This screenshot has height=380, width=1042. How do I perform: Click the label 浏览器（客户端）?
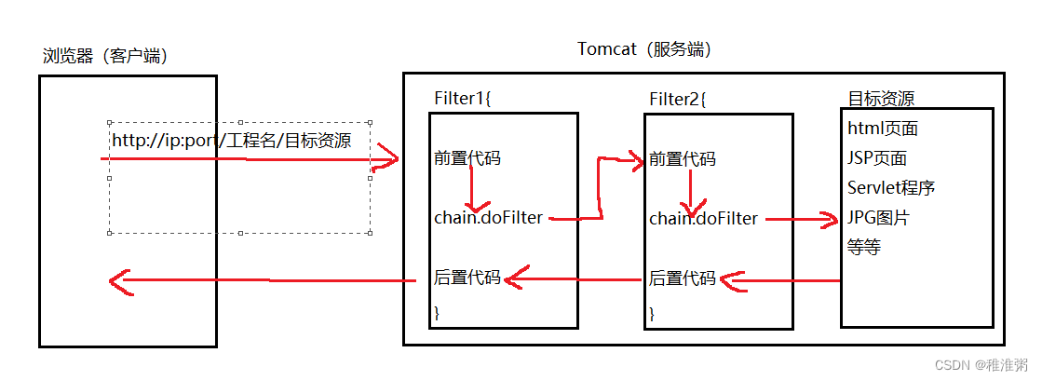[104, 57]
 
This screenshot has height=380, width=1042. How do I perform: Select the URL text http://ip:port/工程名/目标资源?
[231, 142]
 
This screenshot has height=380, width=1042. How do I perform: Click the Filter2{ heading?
[678, 99]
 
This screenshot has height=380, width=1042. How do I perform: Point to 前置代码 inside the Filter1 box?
[467, 158]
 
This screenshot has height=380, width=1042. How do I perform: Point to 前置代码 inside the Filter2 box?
[682, 159]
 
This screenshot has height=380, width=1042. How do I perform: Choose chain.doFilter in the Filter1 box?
[489, 218]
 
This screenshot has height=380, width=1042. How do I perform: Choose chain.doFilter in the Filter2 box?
[704, 219]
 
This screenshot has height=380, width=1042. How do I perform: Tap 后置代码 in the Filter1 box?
[467, 278]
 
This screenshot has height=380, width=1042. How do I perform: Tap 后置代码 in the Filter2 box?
[682, 278]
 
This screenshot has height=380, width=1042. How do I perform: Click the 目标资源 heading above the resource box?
[880, 99]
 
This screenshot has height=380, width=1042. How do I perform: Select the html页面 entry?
[883, 129]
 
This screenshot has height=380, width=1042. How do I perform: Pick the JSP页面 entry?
[877, 158]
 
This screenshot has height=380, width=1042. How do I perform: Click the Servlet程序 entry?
[891, 188]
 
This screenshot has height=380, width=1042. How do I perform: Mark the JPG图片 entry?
[878, 218]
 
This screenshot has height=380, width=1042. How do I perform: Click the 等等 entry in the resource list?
[864, 248]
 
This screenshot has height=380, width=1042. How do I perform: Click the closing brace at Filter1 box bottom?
[437, 312]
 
